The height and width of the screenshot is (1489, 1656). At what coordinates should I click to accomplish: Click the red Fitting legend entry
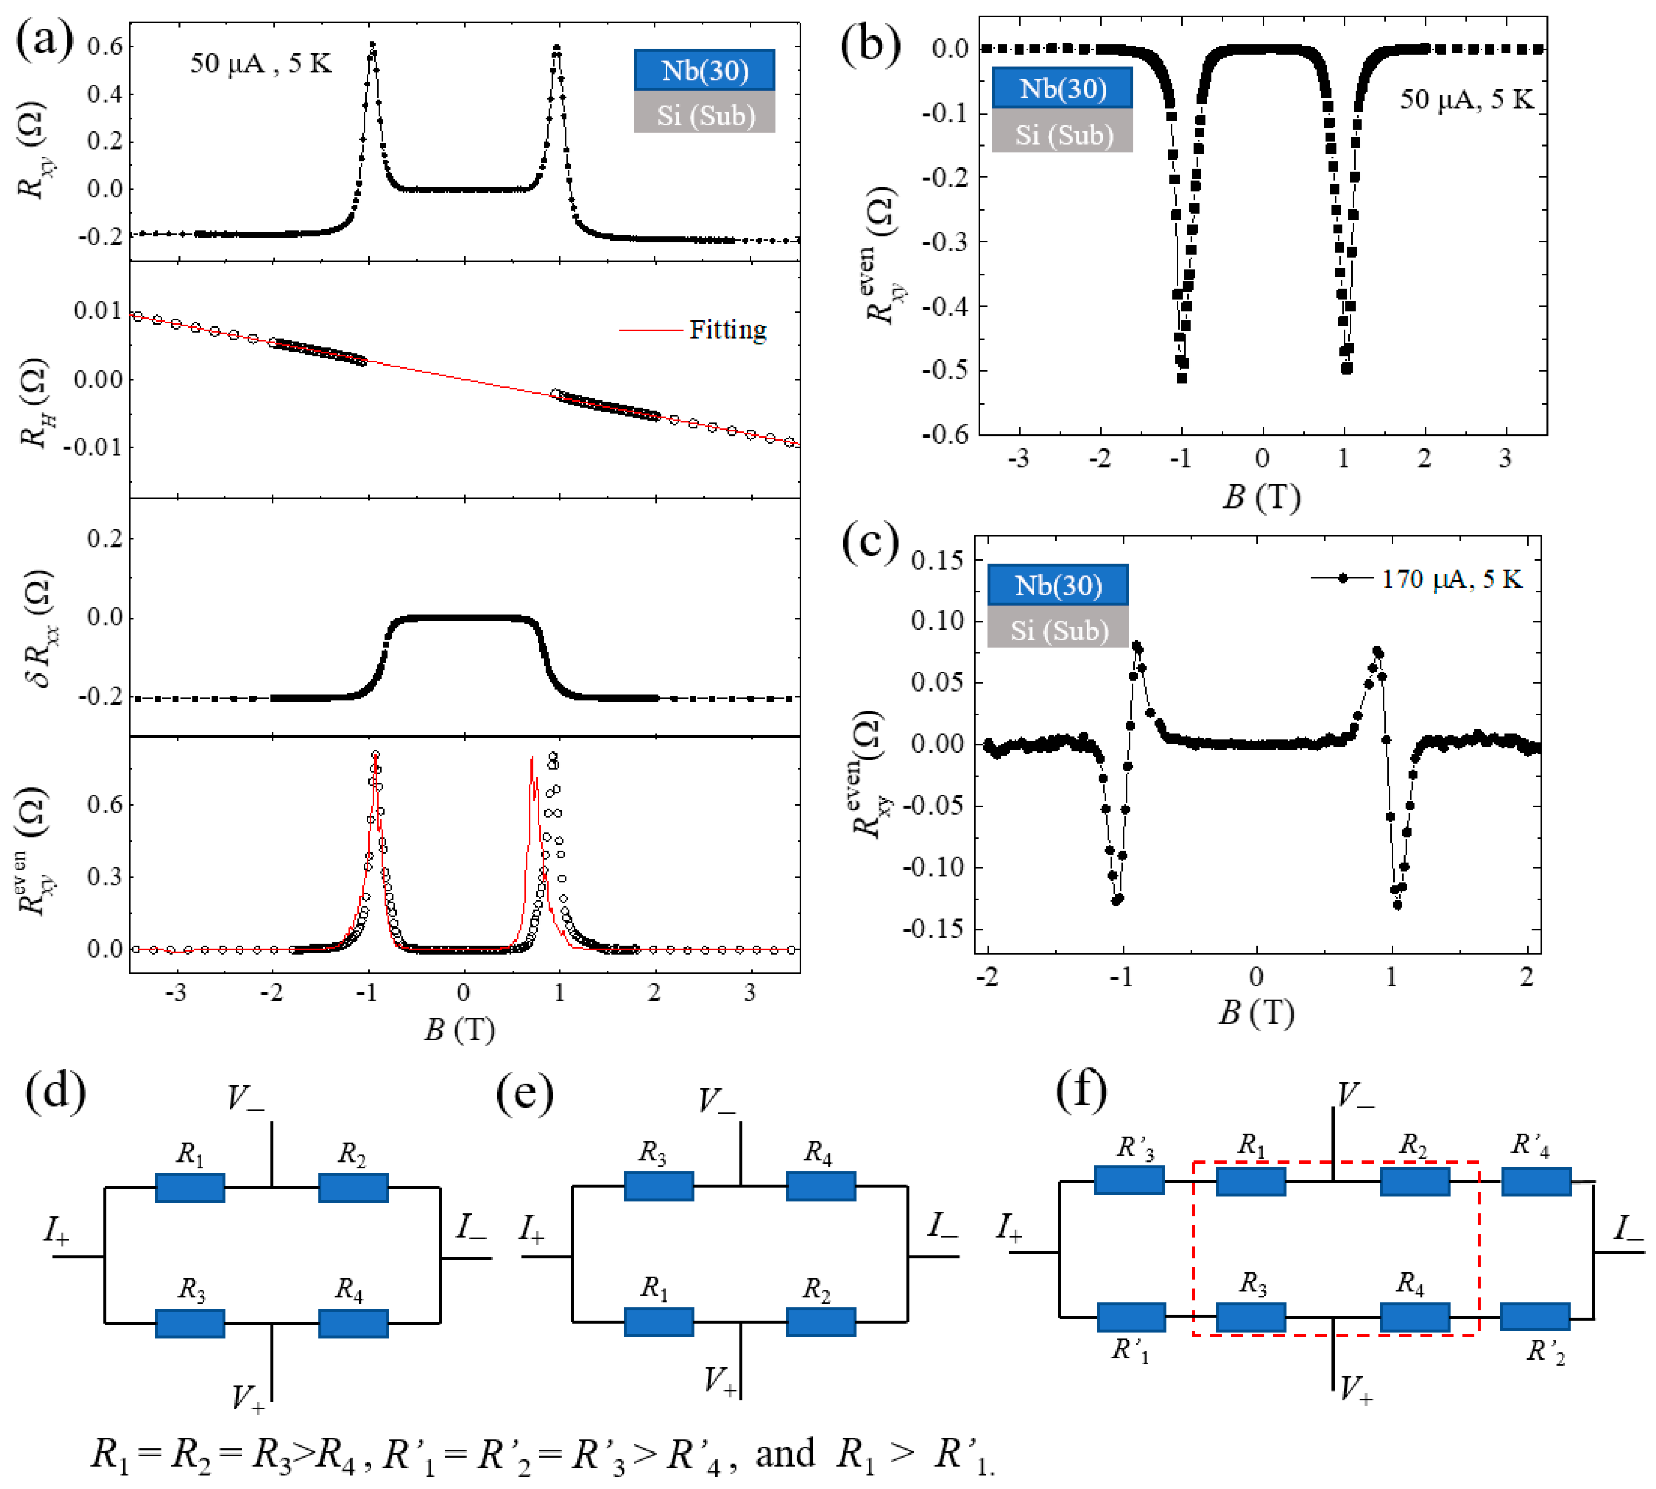click(727, 330)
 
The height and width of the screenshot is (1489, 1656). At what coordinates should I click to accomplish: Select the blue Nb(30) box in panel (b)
click(1062, 88)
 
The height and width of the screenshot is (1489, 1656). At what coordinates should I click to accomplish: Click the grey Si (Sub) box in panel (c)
click(1058, 630)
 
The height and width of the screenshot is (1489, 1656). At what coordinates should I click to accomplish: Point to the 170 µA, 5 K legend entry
click(1451, 578)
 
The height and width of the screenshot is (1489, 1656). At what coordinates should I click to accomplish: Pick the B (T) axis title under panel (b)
click(1261, 497)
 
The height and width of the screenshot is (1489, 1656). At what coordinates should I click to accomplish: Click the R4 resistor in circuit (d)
click(353, 1323)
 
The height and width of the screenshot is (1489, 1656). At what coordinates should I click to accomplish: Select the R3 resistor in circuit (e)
click(659, 1185)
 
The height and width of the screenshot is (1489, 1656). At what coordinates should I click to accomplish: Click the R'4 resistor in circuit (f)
click(1536, 1181)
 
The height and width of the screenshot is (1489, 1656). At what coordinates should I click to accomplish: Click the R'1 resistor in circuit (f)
click(1132, 1317)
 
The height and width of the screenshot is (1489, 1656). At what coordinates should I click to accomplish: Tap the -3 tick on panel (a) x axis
click(176, 993)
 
